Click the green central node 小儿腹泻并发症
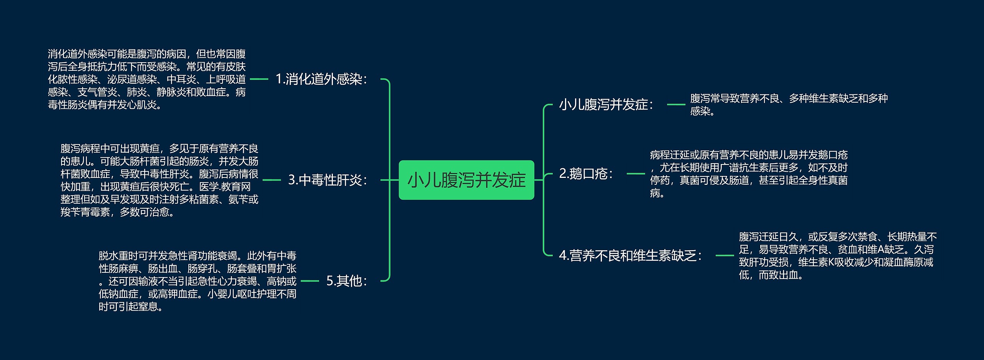tap(466, 180)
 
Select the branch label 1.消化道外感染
tap(321, 79)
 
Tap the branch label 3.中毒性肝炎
tap(328, 180)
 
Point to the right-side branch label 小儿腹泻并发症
tap(606, 105)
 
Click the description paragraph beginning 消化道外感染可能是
tap(147, 79)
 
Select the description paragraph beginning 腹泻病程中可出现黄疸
tap(160, 180)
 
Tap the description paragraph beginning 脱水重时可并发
tap(198, 281)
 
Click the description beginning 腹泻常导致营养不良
tap(789, 105)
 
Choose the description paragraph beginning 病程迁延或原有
tap(749, 174)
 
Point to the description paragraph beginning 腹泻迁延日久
tap(838, 255)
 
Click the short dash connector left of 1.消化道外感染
tap(259, 79)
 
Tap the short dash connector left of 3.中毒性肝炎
tap(272, 180)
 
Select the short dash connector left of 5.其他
tap(310, 281)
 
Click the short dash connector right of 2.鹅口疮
tap(636, 174)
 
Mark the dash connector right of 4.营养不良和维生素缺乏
tap(725, 255)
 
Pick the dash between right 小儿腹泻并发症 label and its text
tap(676, 105)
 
